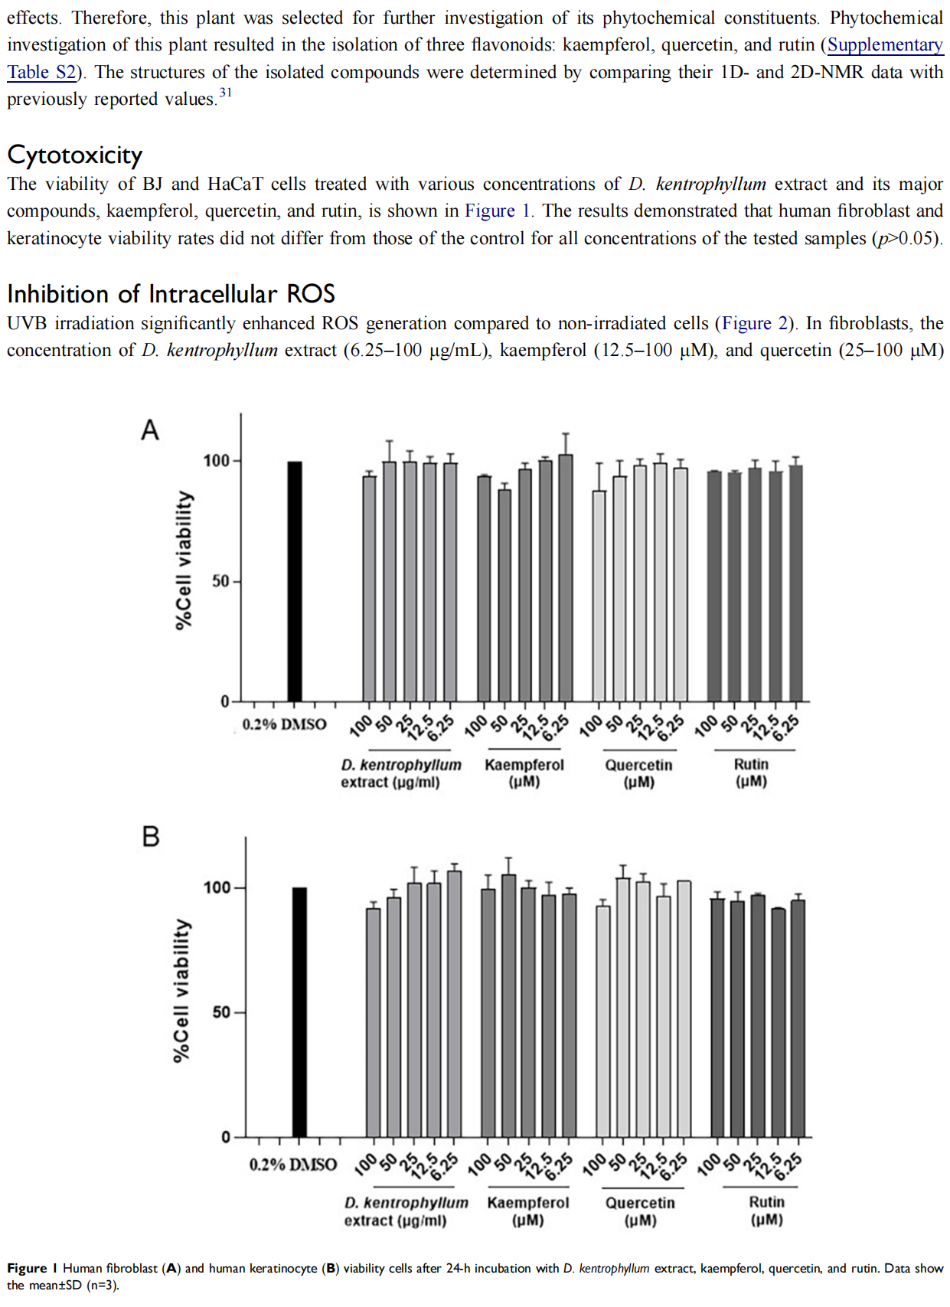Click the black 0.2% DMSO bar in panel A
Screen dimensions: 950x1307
pyautogui.click(x=295, y=581)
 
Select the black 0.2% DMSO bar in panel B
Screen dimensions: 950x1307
pyautogui.click(x=299, y=1012)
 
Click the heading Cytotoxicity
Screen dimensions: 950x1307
pyautogui.click(x=75, y=155)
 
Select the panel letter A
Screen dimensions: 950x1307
pyautogui.click(x=150, y=430)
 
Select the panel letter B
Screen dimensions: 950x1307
pyautogui.click(x=151, y=836)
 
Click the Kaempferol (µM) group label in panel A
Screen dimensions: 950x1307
pyautogui.click(x=524, y=773)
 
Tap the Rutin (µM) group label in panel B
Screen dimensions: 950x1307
pyautogui.click(x=767, y=1211)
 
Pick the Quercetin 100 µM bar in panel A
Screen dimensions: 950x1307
pyautogui.click(x=599, y=596)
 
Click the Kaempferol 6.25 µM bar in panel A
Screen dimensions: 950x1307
pyautogui.click(x=566, y=577)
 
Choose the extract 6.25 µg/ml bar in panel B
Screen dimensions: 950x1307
pyautogui.click(x=454, y=1004)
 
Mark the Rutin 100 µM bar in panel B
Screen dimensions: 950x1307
pyautogui.click(x=718, y=1018)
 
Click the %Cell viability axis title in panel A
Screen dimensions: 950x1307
pyautogui.click(x=184, y=560)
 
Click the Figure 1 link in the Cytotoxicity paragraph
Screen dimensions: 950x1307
pyautogui.click(x=497, y=211)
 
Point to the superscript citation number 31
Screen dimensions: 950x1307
pyautogui.click(x=225, y=92)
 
